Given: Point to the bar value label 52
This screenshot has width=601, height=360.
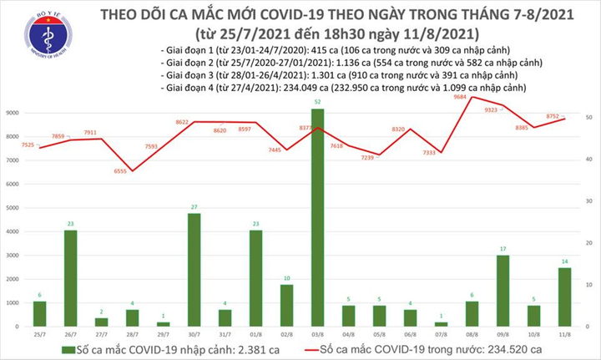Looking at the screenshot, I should pyautogui.click(x=318, y=103).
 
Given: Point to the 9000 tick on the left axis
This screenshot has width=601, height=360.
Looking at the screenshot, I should pyautogui.click(x=13, y=111).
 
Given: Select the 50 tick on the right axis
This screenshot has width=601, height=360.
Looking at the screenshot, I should pyautogui.click(x=590, y=119).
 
